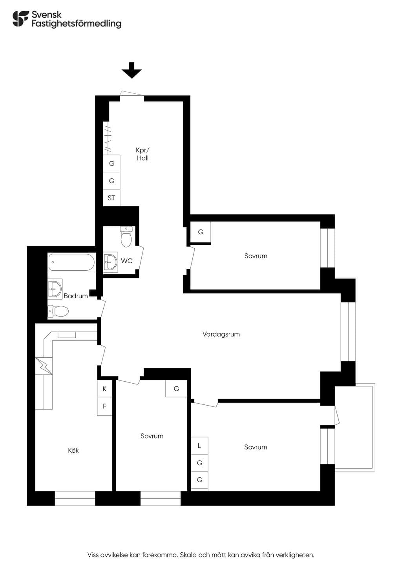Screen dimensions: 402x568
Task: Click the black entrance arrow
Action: pos(132,70)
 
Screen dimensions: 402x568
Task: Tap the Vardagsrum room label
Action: pos(221,334)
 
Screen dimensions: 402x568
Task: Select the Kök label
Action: pos(73,450)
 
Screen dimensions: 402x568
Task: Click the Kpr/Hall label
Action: pos(143,154)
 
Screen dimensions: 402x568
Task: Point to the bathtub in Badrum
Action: pos(71,262)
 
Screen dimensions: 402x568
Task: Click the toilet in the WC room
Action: pos(126,237)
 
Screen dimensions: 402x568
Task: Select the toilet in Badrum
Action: pos(58,311)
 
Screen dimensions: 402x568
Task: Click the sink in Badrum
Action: pos(55,289)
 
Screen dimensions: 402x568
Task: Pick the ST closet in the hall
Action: pos(111,198)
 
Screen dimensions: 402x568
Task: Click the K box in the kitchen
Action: pos(104,389)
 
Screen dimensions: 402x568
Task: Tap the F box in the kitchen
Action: pos(104,406)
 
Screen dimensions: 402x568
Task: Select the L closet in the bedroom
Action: pos(199,446)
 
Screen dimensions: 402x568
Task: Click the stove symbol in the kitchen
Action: pos(44,366)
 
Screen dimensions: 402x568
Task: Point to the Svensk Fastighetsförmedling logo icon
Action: pos(21,18)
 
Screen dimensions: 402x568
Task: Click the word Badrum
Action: pos(76,296)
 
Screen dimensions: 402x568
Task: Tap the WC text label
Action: pos(127,261)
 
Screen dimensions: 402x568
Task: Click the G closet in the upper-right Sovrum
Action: pos(201,232)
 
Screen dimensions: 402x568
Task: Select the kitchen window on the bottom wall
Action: pos(75,498)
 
